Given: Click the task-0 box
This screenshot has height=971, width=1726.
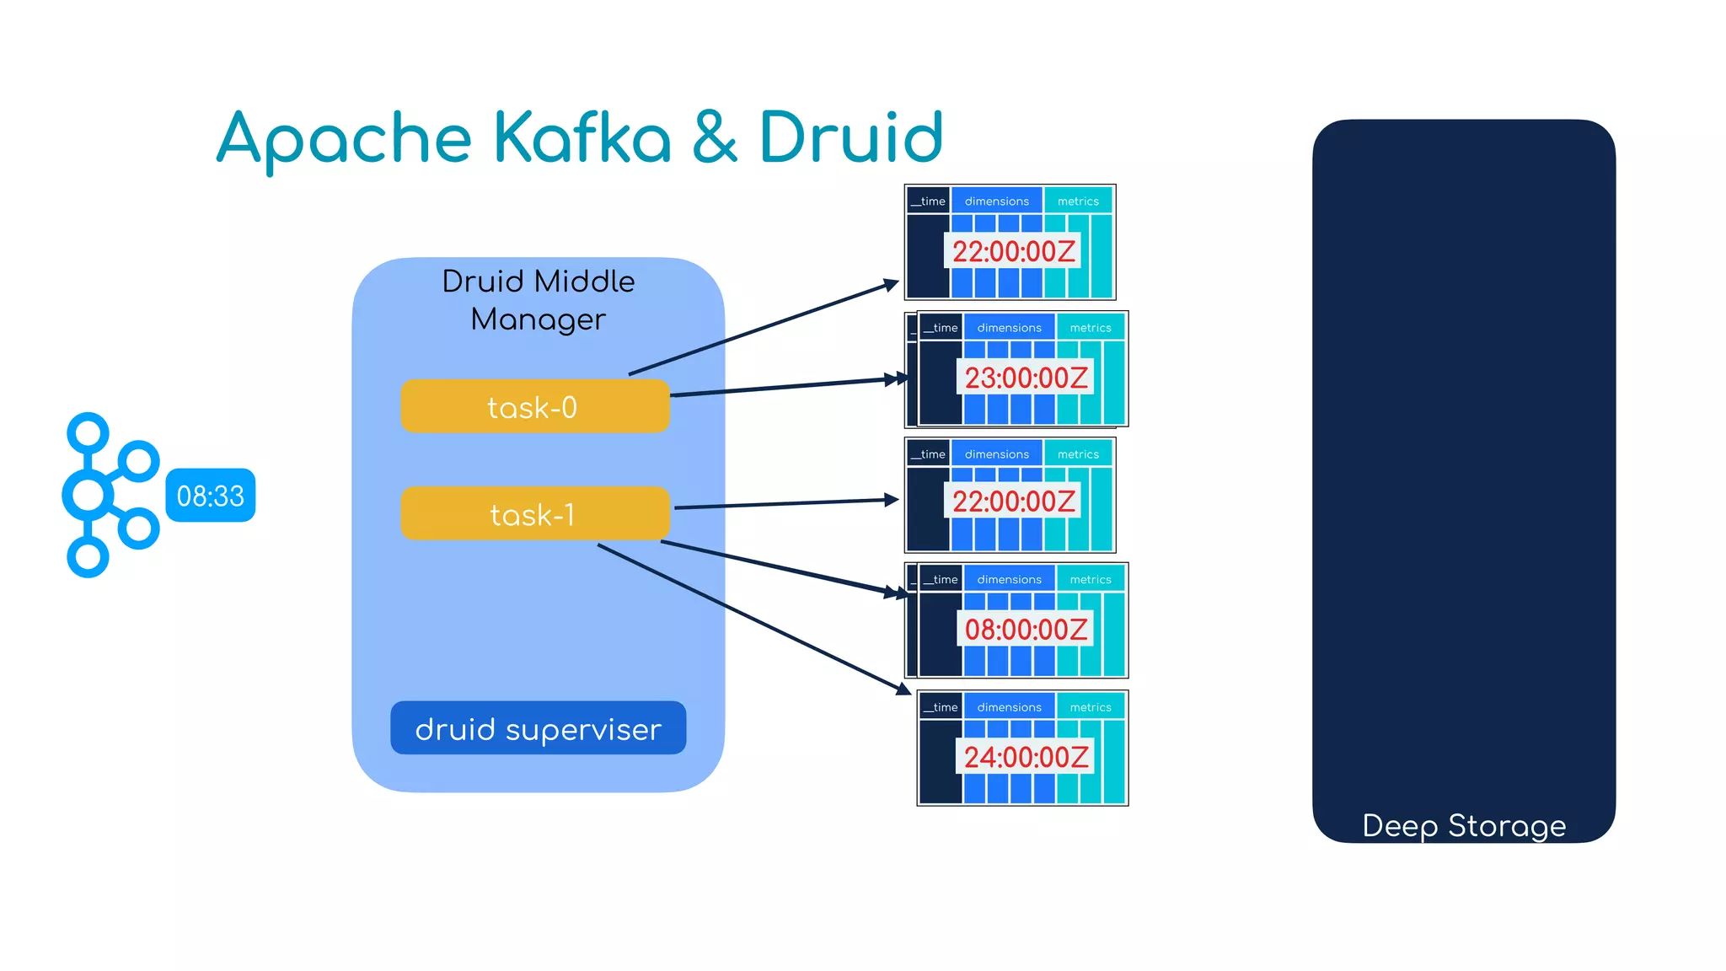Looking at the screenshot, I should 534,406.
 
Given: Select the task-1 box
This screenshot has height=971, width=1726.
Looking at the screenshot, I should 534,513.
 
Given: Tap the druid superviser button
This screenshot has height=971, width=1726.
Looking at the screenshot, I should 538,728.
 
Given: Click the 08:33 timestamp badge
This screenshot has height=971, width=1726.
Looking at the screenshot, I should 211,496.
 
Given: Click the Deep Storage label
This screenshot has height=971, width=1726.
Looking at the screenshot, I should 1464,825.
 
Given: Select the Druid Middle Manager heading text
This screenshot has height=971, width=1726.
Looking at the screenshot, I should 538,300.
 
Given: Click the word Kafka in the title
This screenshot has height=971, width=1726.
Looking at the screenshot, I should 582,137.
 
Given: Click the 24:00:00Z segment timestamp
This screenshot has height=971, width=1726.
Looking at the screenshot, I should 1026,757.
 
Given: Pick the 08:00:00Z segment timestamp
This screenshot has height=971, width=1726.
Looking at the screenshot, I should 1026,629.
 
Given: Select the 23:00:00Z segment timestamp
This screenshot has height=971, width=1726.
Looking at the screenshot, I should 1026,378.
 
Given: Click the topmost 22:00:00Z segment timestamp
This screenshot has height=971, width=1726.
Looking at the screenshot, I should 1013,251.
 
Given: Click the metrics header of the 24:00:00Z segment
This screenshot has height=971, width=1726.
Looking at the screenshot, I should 1091,707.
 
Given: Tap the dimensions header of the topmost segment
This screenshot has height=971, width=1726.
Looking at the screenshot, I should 997,201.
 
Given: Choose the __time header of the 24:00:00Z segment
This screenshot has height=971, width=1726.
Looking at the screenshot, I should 941,707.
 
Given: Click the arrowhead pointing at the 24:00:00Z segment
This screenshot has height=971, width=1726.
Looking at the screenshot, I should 903,689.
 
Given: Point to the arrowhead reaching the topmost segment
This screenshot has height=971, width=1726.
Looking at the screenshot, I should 892,284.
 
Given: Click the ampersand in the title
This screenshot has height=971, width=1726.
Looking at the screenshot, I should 715,137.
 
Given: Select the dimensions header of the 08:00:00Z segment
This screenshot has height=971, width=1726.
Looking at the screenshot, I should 1009,580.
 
